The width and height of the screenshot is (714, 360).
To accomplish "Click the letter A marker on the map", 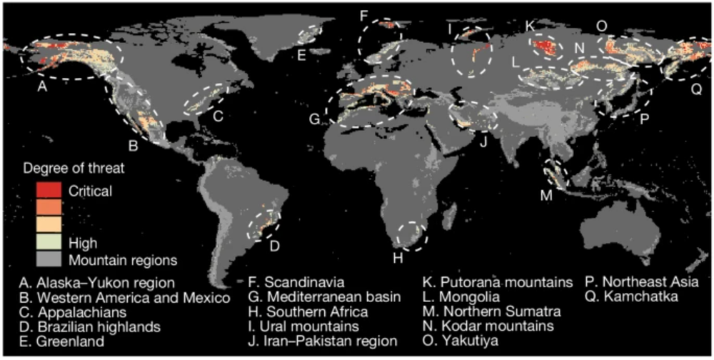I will click(x=41, y=87).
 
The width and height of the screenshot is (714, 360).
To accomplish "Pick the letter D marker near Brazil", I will click(x=274, y=246).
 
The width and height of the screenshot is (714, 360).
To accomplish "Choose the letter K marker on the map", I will click(x=529, y=26).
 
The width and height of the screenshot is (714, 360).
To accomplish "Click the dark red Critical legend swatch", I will click(x=46, y=191).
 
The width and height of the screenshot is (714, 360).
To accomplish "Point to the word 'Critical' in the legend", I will click(x=91, y=191).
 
